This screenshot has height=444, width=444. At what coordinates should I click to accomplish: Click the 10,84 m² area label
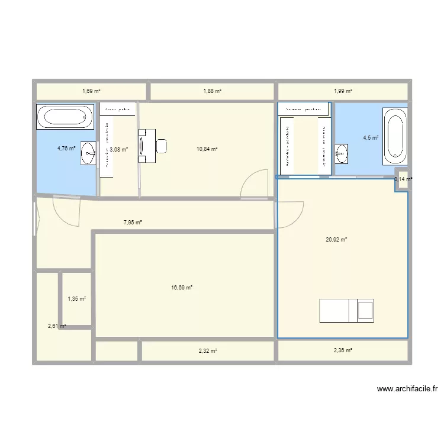pyautogui.click(x=207, y=149)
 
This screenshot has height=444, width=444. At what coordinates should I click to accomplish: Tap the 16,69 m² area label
pyautogui.click(x=182, y=288)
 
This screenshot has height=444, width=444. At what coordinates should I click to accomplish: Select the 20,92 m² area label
pyautogui.click(x=336, y=240)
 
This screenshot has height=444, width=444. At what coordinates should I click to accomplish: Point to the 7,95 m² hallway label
pyautogui.click(x=133, y=223)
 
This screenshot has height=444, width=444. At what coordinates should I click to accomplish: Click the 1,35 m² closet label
pyautogui.click(x=77, y=299)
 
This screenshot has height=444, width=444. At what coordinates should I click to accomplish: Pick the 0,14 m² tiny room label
pyautogui.click(x=403, y=179)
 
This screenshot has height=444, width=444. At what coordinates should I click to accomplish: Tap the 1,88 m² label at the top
pyautogui.click(x=212, y=91)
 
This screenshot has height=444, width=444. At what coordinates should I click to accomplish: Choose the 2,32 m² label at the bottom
pyautogui.click(x=207, y=351)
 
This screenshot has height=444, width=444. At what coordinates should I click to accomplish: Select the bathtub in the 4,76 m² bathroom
pyautogui.click(x=65, y=117)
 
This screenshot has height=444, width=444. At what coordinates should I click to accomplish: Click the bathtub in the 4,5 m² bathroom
pyautogui.click(x=395, y=136)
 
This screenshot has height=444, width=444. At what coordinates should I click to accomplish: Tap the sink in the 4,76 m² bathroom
pyautogui.click(x=89, y=153)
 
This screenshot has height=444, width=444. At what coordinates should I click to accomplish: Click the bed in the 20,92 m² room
pyautogui.click(x=347, y=311)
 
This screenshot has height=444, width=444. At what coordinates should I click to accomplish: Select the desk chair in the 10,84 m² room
pyautogui.click(x=161, y=145)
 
